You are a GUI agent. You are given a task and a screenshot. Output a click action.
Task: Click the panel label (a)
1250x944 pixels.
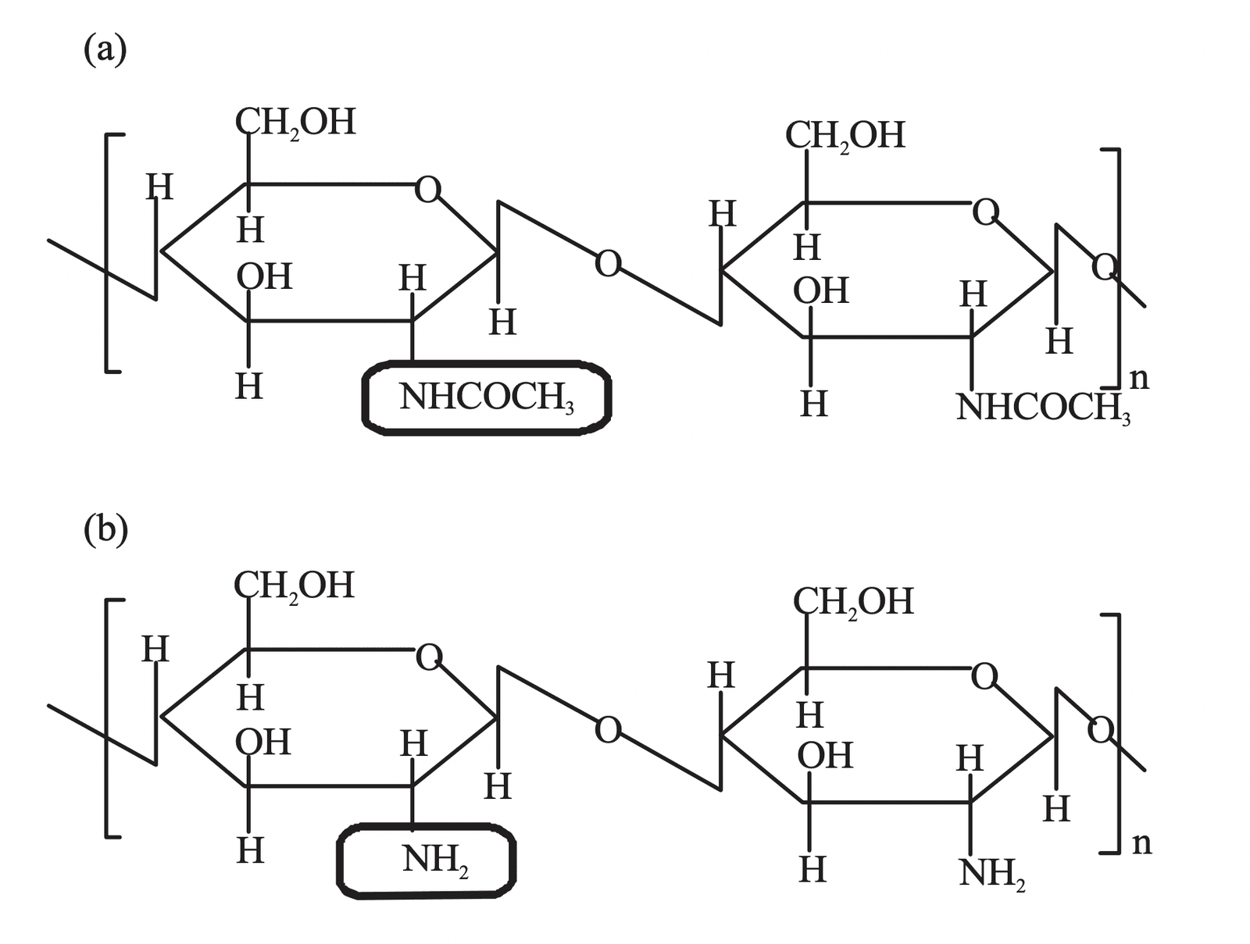coord(105,50)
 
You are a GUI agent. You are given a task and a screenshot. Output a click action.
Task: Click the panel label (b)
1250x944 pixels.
coord(105,530)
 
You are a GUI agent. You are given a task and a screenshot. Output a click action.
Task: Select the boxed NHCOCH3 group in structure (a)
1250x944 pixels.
coord(487,397)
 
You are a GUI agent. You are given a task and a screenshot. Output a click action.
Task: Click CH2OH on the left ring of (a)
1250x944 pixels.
coord(295,123)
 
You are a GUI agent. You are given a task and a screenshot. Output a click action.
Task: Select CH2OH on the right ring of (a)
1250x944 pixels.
coord(845,136)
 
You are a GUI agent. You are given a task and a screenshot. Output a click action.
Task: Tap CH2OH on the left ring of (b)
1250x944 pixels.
coord(294,586)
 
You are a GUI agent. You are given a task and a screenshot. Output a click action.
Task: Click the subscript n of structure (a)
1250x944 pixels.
coord(1140,378)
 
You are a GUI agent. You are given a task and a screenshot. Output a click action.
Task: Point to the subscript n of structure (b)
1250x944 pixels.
coord(1141,843)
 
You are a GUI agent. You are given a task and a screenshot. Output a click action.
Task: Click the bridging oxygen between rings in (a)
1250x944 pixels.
coord(608,264)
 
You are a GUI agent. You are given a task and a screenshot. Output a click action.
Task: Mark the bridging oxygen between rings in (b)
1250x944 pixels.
coord(608,730)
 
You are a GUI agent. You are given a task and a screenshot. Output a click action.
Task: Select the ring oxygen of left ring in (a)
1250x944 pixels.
coord(427,189)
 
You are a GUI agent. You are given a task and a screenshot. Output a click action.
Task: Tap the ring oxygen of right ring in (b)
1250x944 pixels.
coord(984,676)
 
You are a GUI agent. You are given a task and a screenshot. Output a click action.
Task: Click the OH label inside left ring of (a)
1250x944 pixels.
coord(264,277)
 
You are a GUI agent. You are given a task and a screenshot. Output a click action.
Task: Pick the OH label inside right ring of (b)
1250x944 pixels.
coord(824,756)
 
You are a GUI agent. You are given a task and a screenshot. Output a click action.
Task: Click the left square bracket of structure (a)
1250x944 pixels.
coord(109,253)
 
